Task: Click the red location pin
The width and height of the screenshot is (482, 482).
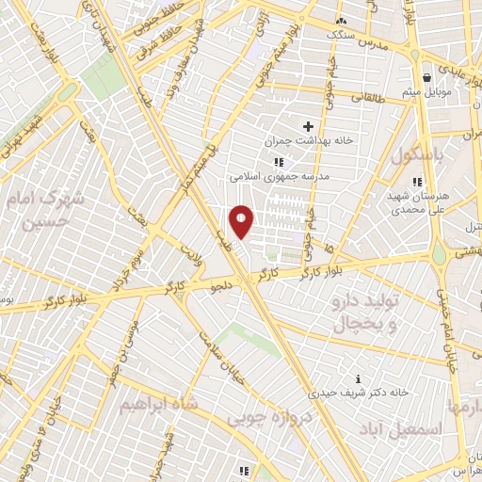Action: [242, 221]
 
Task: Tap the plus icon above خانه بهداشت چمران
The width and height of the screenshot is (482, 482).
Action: [308, 126]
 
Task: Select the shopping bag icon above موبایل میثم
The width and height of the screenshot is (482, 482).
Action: [427, 78]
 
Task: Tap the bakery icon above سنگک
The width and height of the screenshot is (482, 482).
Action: [341, 20]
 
